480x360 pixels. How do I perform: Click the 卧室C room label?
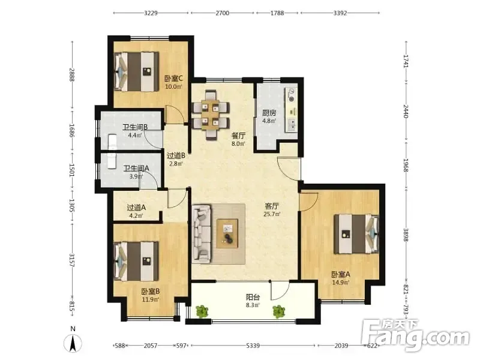coord(173,79)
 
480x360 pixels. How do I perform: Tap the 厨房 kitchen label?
coord(269,113)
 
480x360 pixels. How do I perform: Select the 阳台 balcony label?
coord(253,297)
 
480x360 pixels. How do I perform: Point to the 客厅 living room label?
coord(272,206)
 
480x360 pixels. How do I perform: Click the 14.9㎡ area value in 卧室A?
coord(341,283)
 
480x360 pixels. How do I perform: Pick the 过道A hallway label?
coord(136,208)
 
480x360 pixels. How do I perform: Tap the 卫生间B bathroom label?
coord(136,127)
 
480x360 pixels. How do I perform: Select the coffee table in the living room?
coord(227,233)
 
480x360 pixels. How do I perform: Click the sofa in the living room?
coord(202,234)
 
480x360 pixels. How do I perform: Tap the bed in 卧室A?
coord(356,234)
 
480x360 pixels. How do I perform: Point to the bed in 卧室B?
coord(136,261)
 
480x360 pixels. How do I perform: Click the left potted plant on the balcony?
coord(202,311)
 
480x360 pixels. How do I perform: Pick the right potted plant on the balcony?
coord(279,311)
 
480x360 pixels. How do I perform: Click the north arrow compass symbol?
coord(73,343)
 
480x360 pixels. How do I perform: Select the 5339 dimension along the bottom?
coord(253,346)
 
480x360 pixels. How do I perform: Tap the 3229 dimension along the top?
coord(151,13)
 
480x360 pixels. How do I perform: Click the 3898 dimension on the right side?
coord(406,235)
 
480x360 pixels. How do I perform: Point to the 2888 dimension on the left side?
coord(72,74)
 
